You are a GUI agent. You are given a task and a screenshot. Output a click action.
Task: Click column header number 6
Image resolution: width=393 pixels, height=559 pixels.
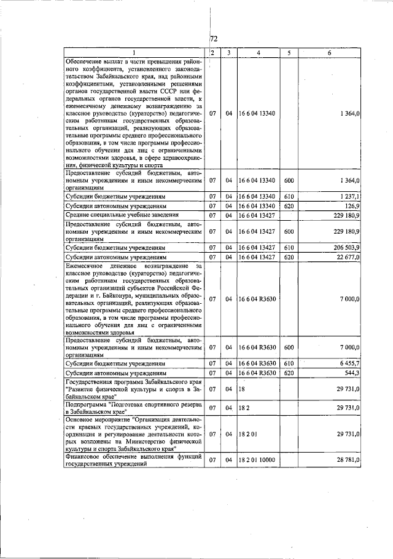click(x=329, y=53)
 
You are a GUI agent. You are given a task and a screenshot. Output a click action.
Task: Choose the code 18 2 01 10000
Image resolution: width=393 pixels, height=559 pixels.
click(x=259, y=459)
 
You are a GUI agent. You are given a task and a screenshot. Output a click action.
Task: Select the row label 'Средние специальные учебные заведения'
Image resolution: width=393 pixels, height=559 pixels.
click(x=122, y=215)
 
